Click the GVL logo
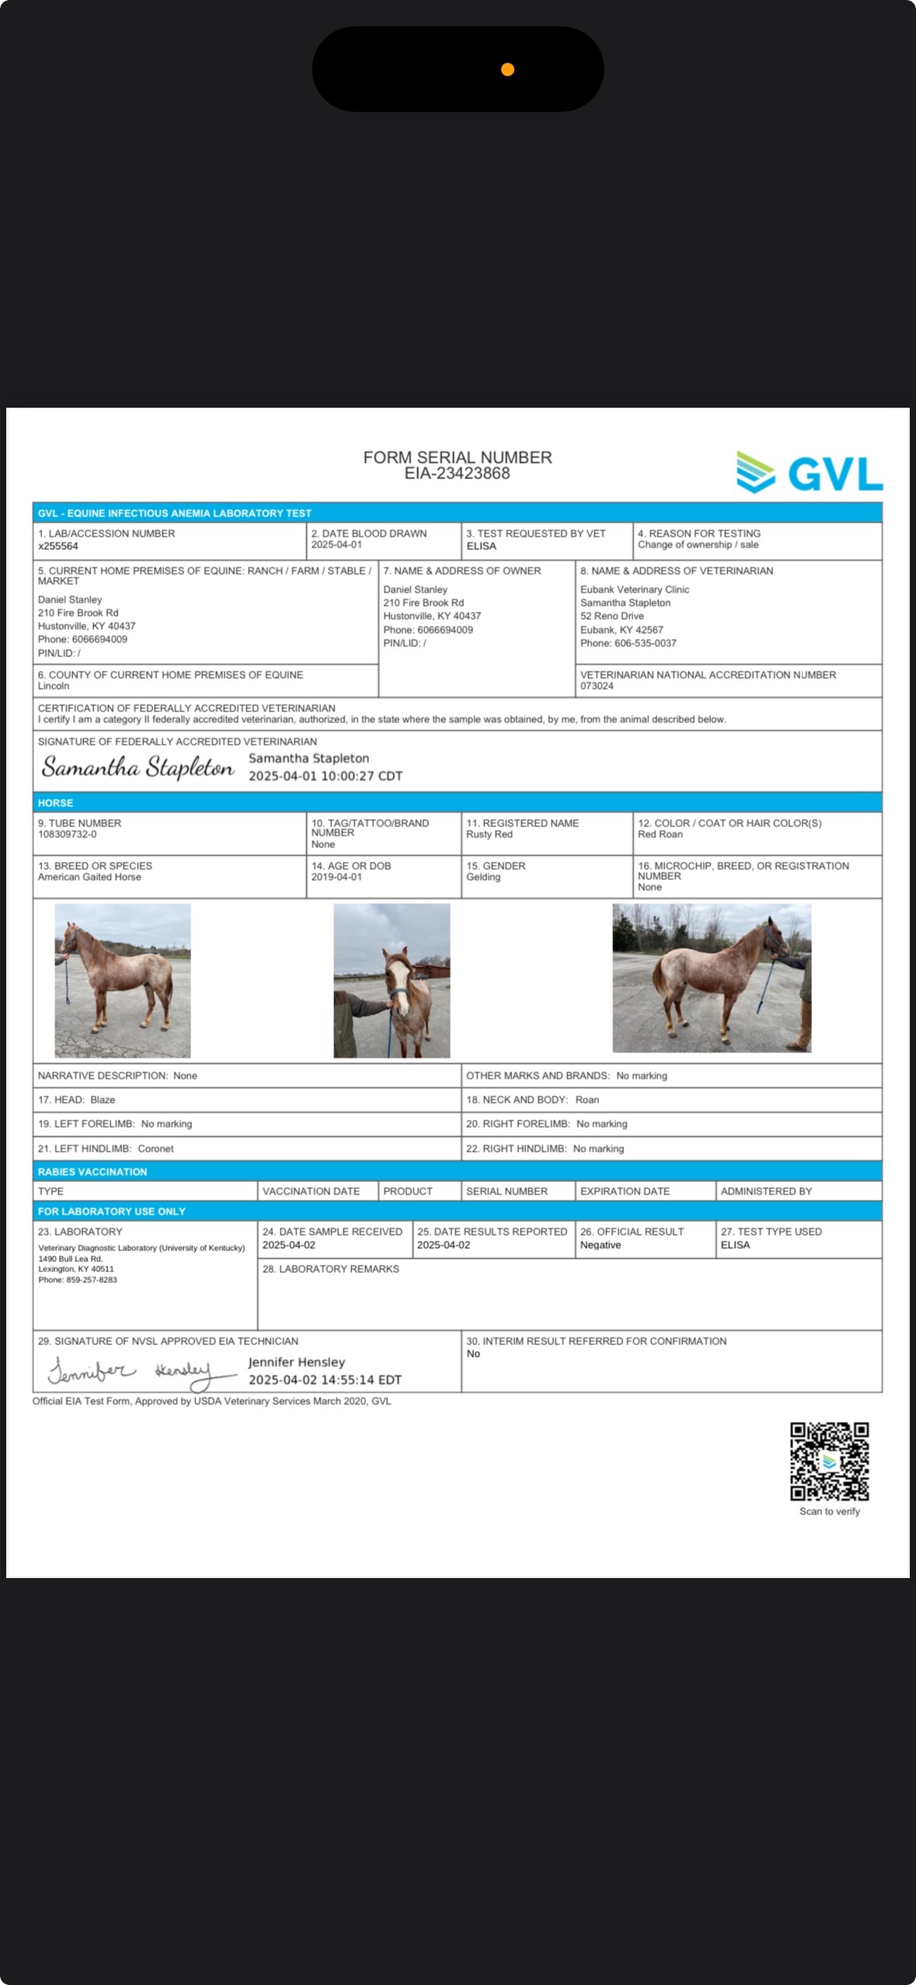810,472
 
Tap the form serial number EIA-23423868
457,474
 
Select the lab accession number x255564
58,546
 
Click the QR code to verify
829,1461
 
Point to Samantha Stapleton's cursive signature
138,767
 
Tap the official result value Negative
601,1245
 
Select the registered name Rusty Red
489,834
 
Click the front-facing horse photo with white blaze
392,980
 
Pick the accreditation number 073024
597,686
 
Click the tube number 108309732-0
68,834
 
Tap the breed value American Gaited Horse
89,877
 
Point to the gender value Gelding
483,877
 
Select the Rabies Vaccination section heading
92,1172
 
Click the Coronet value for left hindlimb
155,1149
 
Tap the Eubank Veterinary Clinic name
635,589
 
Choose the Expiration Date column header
625,1191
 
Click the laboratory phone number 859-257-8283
91,1280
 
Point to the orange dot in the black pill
507,70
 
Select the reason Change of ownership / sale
698,544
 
